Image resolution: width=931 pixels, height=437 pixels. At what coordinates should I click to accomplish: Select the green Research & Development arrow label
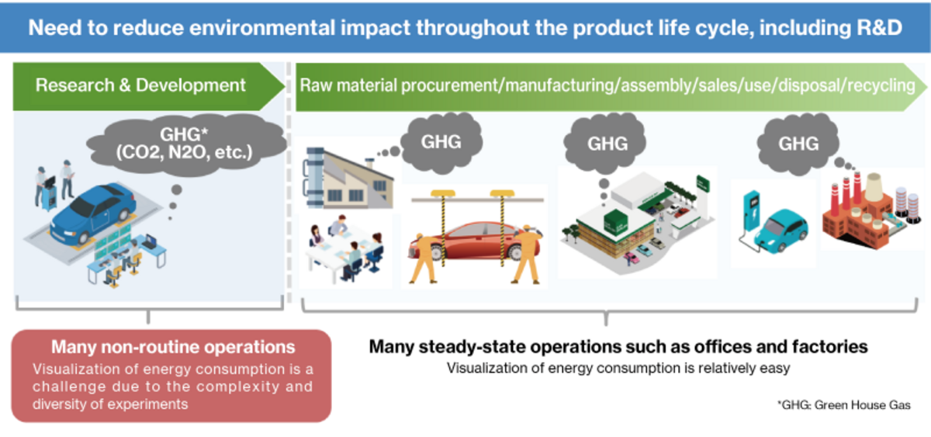click(140, 85)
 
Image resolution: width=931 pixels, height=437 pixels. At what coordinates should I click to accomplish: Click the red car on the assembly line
click(476, 241)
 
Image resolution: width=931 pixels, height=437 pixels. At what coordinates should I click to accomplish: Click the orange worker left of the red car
click(424, 256)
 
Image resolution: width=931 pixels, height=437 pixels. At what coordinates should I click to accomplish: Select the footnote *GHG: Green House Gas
click(843, 404)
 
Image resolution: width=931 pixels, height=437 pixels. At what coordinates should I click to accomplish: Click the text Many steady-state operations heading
click(618, 346)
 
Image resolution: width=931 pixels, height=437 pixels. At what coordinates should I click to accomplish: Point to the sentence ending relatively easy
click(618, 368)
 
